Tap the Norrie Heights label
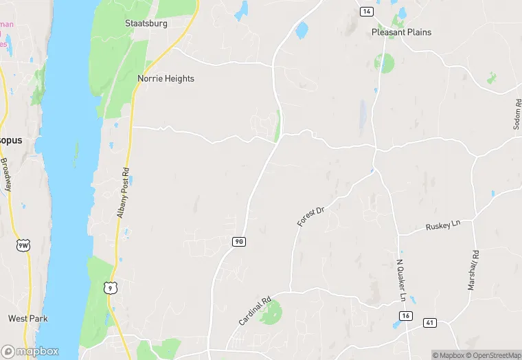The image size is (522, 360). (x=166, y=78)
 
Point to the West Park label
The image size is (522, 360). (x=27, y=318)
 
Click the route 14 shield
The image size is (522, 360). (x=367, y=11)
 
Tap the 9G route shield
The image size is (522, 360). (x=238, y=241)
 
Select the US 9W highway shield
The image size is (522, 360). (x=23, y=245)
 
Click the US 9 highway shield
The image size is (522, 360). (x=110, y=289)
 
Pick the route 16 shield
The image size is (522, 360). (x=407, y=315)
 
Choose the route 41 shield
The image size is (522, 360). (x=430, y=322)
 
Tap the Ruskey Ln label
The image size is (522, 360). (x=442, y=226)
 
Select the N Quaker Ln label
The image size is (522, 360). (x=401, y=274)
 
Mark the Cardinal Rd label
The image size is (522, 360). (x=255, y=311)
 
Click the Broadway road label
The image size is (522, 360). (x=5, y=175)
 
